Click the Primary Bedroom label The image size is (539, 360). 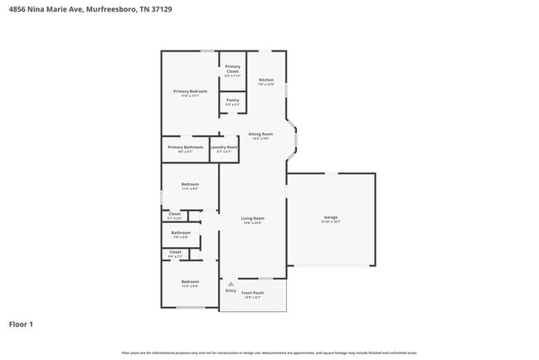tap(190, 91)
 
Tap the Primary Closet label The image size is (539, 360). tap(233, 69)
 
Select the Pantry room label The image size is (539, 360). tap(233, 100)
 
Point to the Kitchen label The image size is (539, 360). tap(265, 80)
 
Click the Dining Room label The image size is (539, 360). tap(260, 134)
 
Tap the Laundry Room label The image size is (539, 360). tap(224, 147)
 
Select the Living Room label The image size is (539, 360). tap(253, 218)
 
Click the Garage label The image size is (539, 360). tap(331, 217)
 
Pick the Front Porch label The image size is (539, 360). tap(253, 293)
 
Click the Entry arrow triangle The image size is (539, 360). tap(231, 284)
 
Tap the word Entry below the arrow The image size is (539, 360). tap(231, 291)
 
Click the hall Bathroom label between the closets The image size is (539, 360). tap(181, 233)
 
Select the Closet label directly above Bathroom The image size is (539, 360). tap(175, 214)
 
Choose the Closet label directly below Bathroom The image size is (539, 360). tap(175, 251)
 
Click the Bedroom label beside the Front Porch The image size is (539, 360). tap(190, 282)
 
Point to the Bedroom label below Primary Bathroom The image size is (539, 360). tap(190, 184)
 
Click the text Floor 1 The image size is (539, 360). tap(21, 324)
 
